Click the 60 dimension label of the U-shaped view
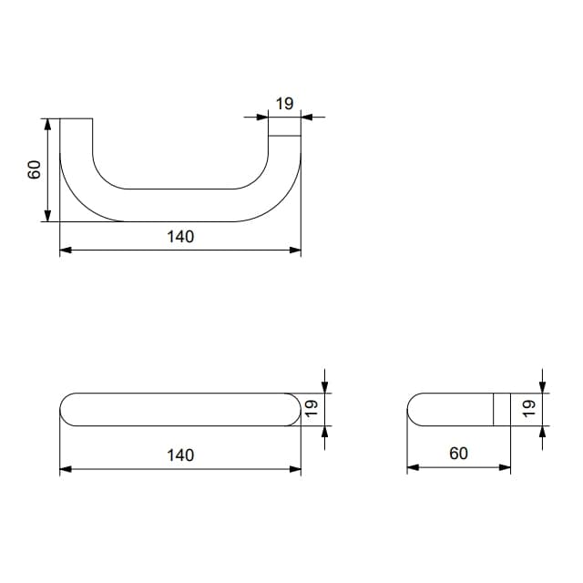click(35, 169)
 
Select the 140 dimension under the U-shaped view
click(180, 237)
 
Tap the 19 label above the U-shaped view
click(284, 104)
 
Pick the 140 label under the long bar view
click(180, 455)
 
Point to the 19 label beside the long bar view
click(312, 408)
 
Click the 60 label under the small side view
click(458, 454)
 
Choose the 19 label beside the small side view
click(528, 408)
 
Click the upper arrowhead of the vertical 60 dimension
click(47, 125)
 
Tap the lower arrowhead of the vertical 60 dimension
click(47, 216)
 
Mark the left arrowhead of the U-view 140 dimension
click(66, 251)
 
